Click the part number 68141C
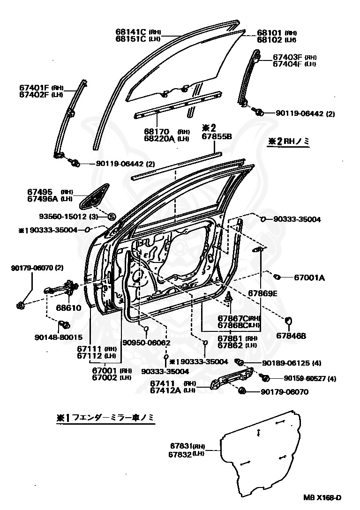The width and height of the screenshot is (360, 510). pos(131,31)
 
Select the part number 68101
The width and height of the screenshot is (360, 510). pos(269,33)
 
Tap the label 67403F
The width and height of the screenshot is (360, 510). pos(287,57)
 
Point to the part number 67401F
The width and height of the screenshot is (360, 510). pos(34,87)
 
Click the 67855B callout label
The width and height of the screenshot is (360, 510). pos(217,136)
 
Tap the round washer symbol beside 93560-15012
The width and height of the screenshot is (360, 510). pos(112,216)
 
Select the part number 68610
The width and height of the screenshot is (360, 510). pos(69,308)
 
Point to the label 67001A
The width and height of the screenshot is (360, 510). pos(309,277)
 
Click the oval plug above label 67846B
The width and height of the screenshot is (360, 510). pos(289,320)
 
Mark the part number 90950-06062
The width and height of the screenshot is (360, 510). pos(146,343)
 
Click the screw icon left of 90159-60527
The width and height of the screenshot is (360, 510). pos(264,377)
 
